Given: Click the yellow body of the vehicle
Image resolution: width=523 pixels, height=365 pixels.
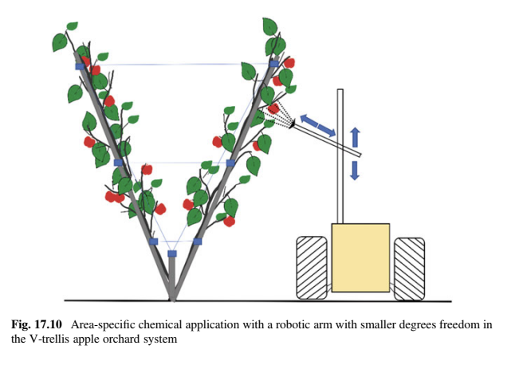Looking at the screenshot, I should (360, 257).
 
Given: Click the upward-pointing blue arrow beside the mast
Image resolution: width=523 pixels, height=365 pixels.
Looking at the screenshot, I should (356, 136).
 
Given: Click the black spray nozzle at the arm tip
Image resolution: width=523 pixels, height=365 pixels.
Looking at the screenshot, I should (293, 123).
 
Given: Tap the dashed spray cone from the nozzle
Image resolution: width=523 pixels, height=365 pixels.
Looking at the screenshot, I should (277, 114).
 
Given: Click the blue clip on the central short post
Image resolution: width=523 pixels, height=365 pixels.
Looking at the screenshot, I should (171, 254).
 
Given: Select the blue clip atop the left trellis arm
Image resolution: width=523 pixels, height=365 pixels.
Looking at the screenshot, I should (79, 66).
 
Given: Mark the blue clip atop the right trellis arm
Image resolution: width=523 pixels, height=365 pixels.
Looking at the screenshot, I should (273, 63).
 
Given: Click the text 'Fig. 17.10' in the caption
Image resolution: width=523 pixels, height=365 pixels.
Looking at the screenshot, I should (37, 325).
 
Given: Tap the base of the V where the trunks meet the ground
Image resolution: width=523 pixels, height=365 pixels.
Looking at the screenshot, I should (172, 298).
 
